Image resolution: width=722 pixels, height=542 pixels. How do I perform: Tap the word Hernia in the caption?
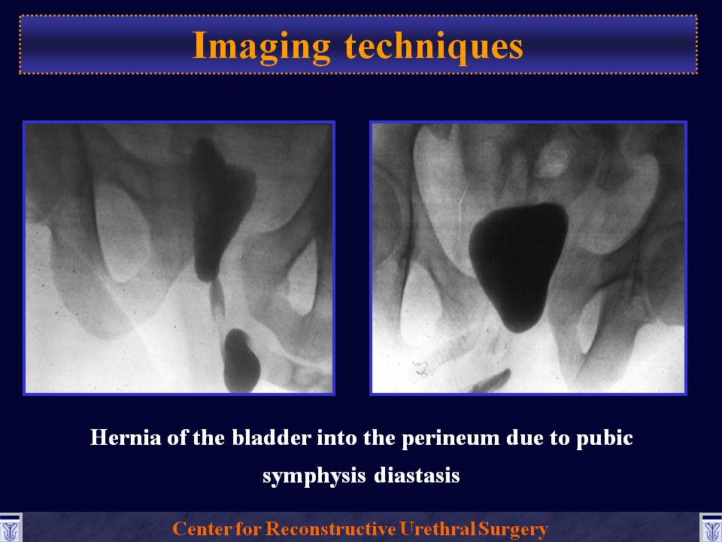126,437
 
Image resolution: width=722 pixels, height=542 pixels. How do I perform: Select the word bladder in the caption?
272,437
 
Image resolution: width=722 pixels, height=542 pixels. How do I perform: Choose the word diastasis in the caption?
417,475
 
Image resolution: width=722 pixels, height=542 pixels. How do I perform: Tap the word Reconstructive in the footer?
331,528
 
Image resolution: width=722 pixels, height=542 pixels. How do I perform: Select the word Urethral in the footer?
438,528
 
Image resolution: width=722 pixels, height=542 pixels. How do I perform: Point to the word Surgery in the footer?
513,529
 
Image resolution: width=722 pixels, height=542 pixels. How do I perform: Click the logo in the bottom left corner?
10,528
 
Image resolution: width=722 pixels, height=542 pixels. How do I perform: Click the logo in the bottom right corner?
711,528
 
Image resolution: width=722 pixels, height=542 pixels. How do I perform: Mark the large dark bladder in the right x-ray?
517,266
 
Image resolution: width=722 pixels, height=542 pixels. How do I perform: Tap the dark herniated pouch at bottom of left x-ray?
241,361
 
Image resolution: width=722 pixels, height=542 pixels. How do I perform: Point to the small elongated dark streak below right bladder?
492,381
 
